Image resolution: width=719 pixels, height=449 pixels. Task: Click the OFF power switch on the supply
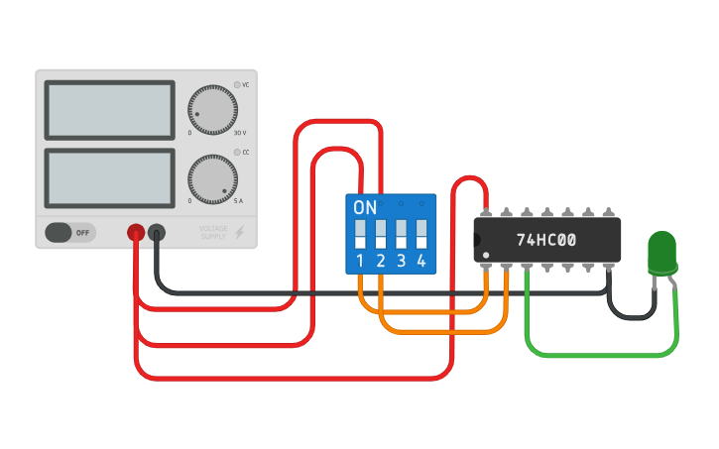point(69,233)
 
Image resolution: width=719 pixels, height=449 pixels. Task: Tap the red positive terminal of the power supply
point(136,233)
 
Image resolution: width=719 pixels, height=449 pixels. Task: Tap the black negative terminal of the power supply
point(157,233)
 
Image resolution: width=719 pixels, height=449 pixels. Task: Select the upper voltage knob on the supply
point(213,108)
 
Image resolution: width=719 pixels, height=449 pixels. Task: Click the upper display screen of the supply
point(109,110)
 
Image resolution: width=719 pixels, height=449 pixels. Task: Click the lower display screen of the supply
point(109,178)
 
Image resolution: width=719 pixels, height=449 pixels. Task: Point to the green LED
point(660,253)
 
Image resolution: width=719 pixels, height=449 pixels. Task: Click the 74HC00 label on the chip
point(546,240)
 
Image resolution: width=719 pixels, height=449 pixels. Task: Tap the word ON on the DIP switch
point(365,208)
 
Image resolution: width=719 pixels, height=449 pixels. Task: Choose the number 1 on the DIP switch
point(359,262)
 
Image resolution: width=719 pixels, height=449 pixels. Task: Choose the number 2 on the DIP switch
point(380,262)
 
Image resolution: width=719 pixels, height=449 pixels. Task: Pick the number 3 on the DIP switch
point(401,262)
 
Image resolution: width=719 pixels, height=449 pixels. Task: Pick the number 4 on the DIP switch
point(421,262)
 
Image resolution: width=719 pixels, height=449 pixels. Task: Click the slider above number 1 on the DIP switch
point(359,234)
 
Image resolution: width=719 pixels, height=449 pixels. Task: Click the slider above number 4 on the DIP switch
point(421,234)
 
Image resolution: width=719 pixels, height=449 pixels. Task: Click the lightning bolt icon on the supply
point(239,233)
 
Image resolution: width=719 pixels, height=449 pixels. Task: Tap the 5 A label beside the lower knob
point(238,202)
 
